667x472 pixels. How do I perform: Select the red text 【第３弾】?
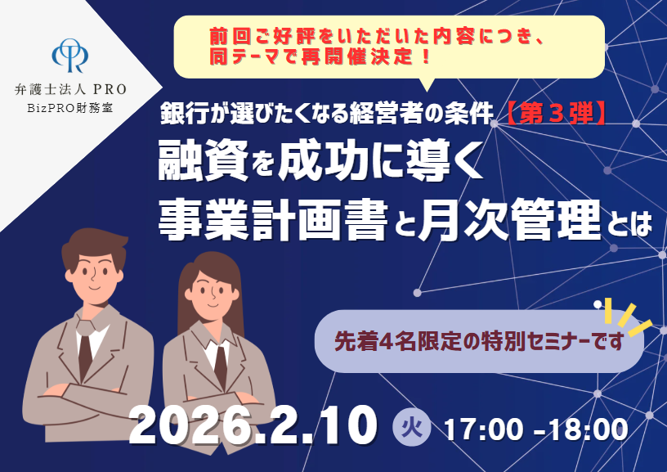tap(550, 113)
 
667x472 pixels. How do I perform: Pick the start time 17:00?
tap(477, 429)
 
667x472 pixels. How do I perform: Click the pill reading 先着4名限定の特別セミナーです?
tap(479, 339)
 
